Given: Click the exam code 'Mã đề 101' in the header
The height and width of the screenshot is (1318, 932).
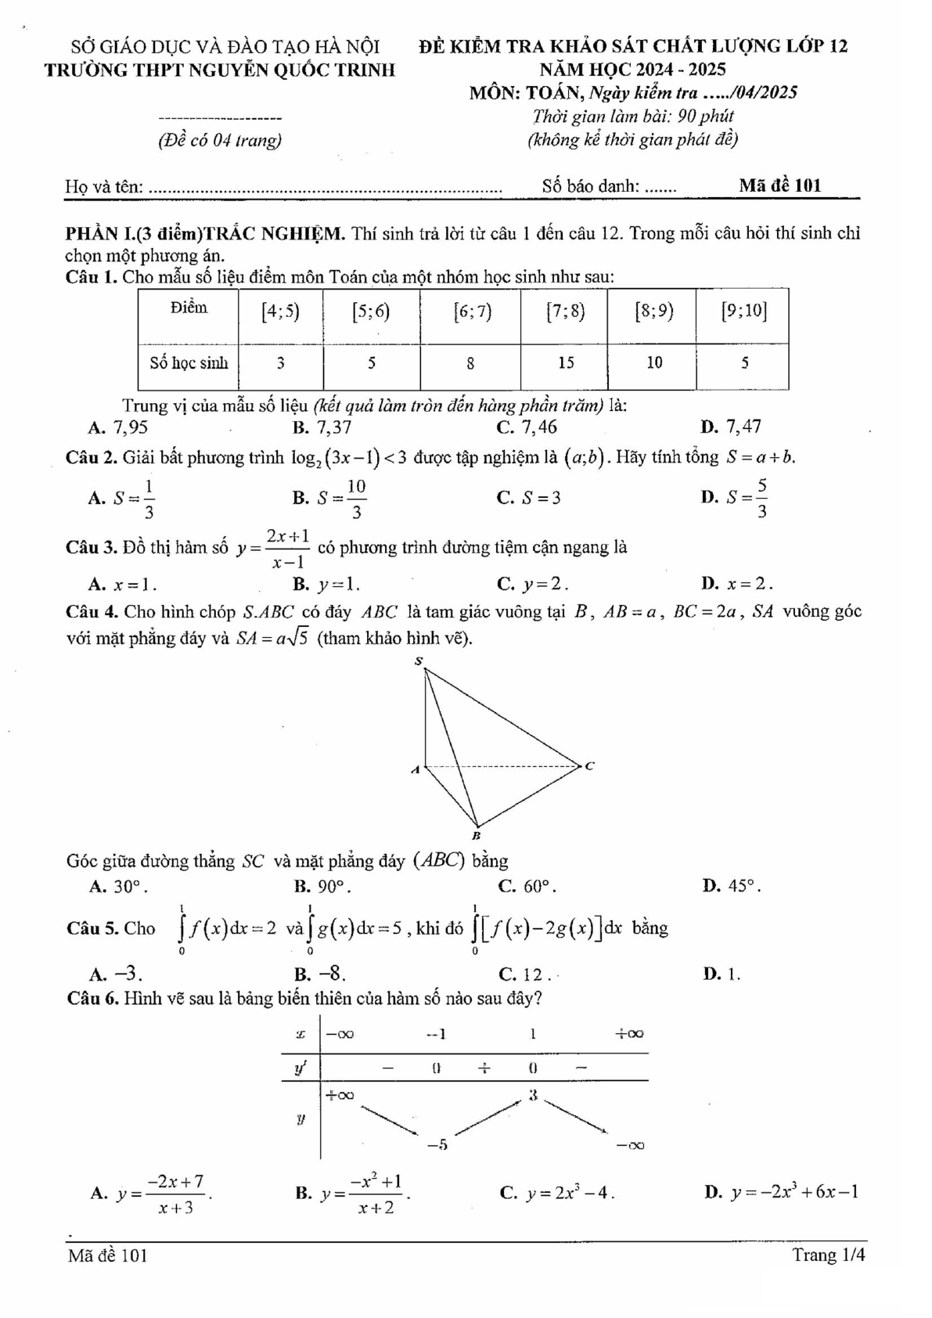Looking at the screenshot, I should tap(779, 185).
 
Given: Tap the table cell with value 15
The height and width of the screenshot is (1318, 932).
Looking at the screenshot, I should tap(566, 362).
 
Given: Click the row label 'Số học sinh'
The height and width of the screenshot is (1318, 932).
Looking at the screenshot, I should tap(189, 362).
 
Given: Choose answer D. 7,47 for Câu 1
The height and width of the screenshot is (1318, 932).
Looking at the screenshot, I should tap(732, 427).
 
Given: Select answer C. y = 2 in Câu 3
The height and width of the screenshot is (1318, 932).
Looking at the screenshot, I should tap(533, 584).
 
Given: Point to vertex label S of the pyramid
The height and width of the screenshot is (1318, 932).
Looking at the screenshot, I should tap(419, 662).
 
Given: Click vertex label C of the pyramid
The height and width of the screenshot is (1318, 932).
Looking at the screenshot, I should tap(590, 765).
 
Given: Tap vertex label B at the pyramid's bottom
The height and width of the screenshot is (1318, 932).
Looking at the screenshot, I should tap(476, 836).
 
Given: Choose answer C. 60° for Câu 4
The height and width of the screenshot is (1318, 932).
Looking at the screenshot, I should tap(527, 886).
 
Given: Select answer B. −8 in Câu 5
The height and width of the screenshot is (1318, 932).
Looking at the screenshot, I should tap(320, 974).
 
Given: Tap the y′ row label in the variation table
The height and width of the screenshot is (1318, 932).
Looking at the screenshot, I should tap(300, 1068).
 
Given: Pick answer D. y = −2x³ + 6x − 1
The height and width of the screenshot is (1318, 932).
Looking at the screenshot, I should tap(782, 1192).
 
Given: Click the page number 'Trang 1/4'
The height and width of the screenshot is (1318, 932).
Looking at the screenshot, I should tap(828, 1255).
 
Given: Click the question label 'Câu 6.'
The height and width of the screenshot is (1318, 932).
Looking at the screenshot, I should tap(93, 999).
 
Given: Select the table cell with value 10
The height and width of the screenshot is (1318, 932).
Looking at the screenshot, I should tap(654, 362).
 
